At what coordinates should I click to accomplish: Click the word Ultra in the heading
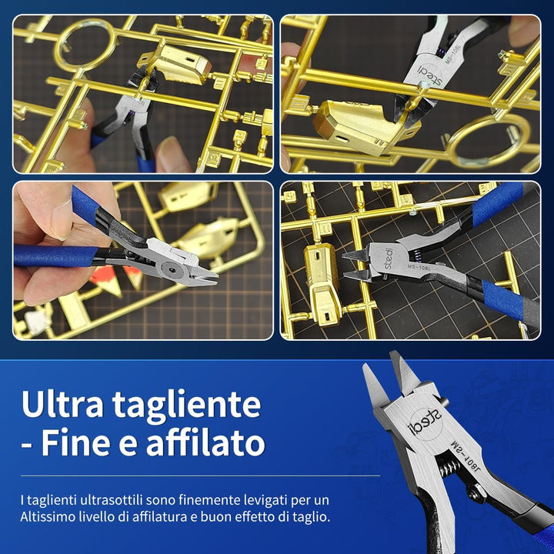67,404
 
